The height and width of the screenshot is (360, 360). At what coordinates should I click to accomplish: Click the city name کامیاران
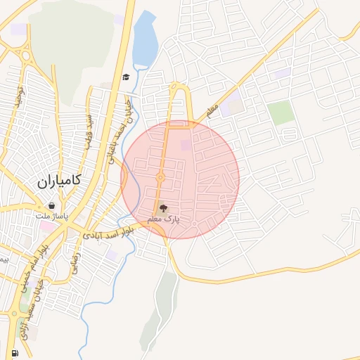[x=58, y=181]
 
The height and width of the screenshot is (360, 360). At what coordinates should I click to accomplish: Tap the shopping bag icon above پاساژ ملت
[x=53, y=206]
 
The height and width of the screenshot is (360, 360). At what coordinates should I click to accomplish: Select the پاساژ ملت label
[x=53, y=216]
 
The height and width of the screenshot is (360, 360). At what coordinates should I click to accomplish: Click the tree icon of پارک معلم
[x=163, y=208]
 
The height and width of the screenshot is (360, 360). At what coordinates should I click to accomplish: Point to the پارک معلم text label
[x=163, y=219]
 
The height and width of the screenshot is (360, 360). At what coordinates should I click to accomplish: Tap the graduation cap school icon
[x=126, y=77]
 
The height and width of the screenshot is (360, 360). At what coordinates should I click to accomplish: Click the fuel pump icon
[x=14, y=352]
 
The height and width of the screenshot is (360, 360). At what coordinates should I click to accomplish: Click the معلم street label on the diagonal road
[x=207, y=110]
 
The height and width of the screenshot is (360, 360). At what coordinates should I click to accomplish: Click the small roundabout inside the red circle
[x=160, y=178]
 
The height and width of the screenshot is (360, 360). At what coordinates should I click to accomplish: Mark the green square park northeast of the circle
[x=281, y=112]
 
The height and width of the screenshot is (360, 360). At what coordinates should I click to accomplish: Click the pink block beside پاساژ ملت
[x=46, y=226]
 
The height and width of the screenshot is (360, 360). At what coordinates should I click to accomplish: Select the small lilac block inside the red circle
[x=186, y=145]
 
